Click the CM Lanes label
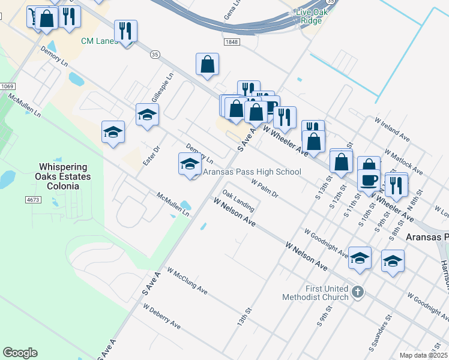pos(100,41)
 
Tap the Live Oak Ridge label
pos(309,17)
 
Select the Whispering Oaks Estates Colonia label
pos(62,176)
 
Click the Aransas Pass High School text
pos(252,172)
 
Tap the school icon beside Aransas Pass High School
pos(190,164)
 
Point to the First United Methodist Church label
pos(327,293)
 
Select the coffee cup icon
pos(369,180)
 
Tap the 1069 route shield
pos(7,86)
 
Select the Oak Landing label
pos(238,201)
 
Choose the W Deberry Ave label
pos(161,316)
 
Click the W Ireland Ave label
pos(392,129)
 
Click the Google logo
pos(20,353)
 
